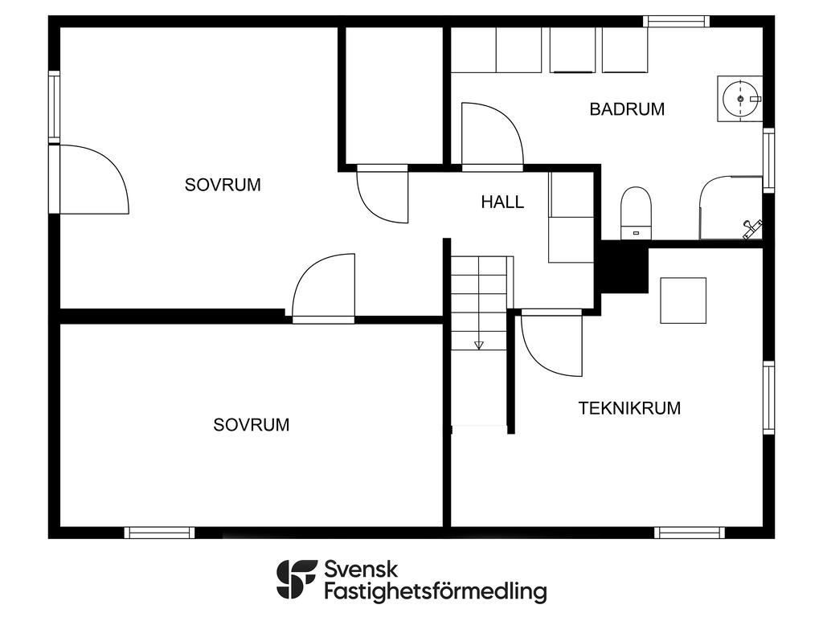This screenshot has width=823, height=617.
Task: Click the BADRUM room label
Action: point(627,109)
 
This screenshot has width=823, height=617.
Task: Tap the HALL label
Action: point(502,202)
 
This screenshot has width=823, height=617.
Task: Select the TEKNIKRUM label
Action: point(629,408)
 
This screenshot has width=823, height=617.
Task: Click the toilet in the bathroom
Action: point(636,213)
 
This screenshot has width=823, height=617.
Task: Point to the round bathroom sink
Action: point(740,99)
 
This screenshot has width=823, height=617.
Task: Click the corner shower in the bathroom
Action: point(731,208)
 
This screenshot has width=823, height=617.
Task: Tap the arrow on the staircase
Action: point(478,345)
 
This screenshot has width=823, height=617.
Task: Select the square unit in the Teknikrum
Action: point(683,300)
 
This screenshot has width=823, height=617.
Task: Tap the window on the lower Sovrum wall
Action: point(160,533)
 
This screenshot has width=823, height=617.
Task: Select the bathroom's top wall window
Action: point(677,21)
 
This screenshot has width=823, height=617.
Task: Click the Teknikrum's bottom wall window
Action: point(690,533)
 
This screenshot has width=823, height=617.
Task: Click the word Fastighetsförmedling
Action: point(435,591)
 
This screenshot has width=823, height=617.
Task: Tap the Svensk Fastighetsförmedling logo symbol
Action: point(297,579)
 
